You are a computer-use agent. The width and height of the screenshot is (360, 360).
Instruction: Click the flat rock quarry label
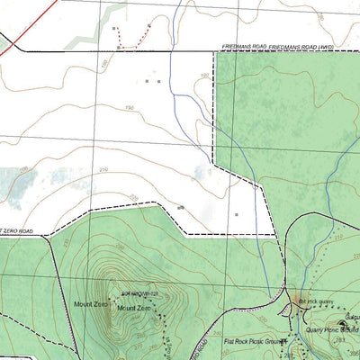coord(315,301)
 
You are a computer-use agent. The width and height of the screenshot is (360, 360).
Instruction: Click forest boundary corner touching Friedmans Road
coord(214,53)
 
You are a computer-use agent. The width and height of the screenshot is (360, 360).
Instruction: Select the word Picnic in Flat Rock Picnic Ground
coord(255,342)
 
